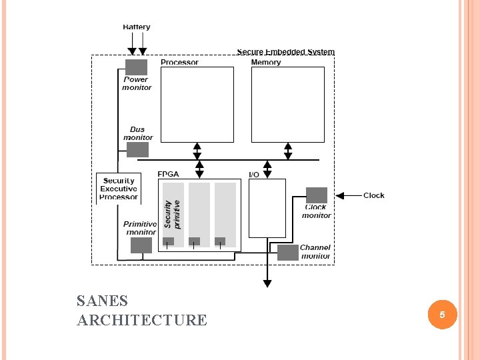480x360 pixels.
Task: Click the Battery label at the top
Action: coord(137,27)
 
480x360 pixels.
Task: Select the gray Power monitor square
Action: coord(136,67)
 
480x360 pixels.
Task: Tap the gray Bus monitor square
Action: coord(137,149)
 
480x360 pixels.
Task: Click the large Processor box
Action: coord(197,105)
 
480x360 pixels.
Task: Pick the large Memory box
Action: coord(287,105)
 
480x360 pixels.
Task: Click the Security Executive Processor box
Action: coord(119,189)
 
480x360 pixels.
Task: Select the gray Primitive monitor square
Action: coord(141,245)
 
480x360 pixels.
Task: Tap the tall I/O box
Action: coord(267,208)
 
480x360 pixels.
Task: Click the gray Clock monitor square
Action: coord(317,195)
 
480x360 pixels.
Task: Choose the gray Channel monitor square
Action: coord(288,253)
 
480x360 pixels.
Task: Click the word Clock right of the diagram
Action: coord(374,195)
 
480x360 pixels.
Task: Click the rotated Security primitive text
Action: coord(173,213)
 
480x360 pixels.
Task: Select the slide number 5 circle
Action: coord(441,314)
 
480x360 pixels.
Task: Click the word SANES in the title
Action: coord(102,301)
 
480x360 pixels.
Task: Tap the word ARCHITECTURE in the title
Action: coord(141,320)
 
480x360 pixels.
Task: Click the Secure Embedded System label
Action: coord(285,52)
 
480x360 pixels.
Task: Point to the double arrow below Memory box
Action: coord(288,151)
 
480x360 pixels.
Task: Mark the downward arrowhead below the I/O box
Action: coord(267,283)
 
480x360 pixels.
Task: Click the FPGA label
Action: coord(168,175)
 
